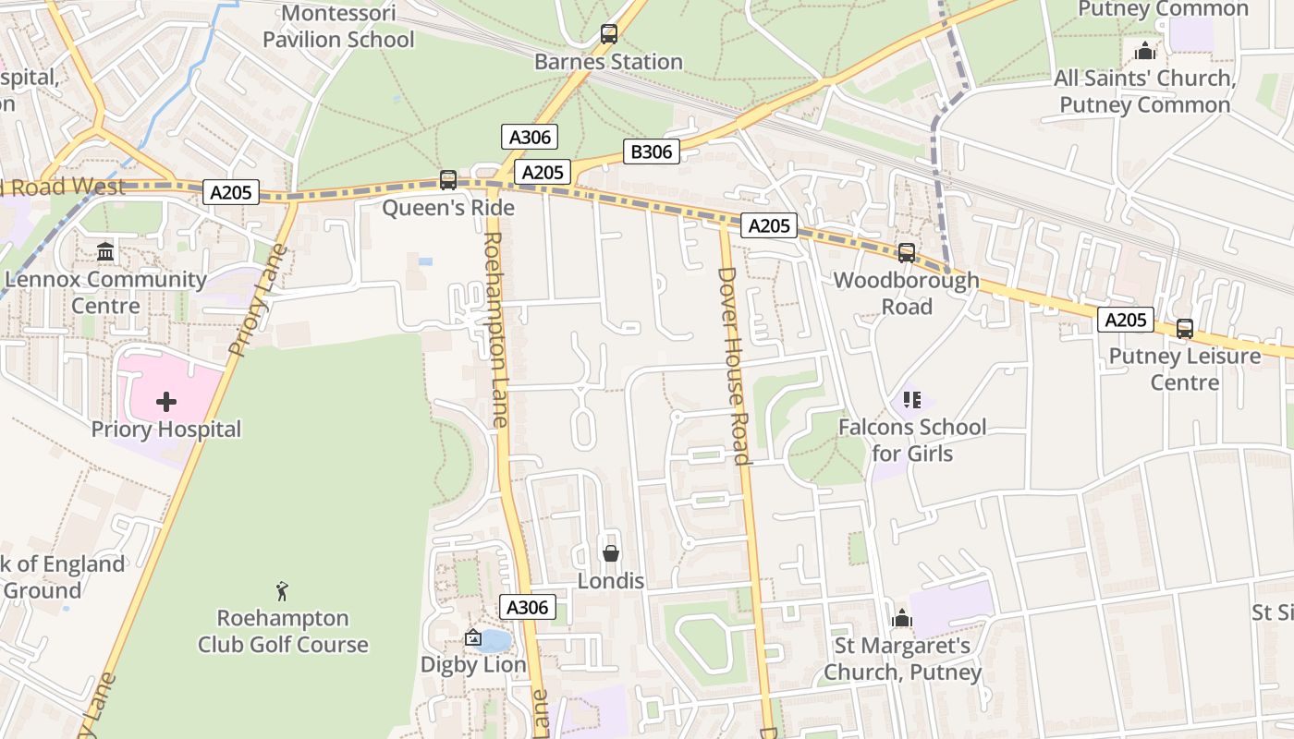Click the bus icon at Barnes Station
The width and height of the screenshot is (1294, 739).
[609, 34]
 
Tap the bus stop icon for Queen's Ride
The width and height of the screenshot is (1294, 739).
[448, 180]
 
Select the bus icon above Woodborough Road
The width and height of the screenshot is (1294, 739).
[907, 252]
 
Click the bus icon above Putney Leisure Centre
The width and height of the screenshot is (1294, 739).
[1185, 328]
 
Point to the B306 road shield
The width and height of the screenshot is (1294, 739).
[651, 151]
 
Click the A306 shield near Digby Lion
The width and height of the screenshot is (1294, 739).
[528, 607]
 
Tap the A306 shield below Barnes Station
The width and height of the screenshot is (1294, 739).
[530, 138]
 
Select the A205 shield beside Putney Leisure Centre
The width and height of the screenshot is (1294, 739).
[1126, 320]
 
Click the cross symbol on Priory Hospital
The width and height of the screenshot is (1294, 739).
[166, 402]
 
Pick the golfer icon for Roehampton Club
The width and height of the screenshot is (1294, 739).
[282, 590]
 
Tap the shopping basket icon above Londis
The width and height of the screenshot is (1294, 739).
[610, 553]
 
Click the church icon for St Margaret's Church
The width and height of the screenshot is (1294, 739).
[902, 618]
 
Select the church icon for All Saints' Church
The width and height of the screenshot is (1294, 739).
[1145, 51]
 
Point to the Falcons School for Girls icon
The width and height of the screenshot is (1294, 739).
[912, 400]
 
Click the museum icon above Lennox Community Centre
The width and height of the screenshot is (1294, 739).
[105, 251]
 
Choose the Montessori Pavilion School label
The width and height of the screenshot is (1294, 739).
[338, 26]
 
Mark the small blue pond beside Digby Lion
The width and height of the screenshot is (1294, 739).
[496, 640]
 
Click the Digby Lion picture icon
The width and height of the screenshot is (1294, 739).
[473, 637]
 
